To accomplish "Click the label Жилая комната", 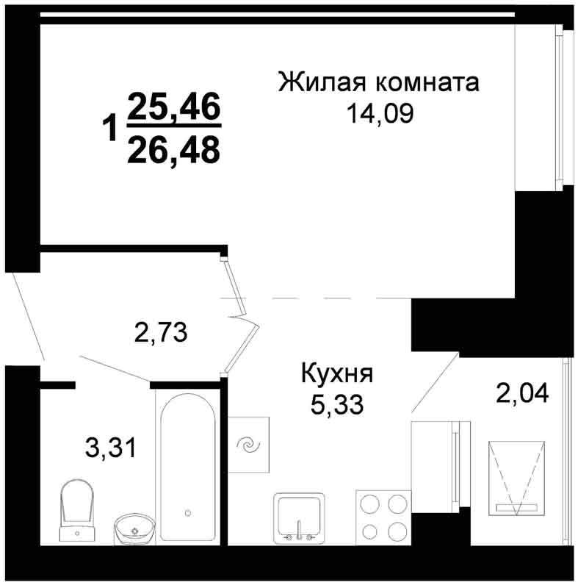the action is point(378,82).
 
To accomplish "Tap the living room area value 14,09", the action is point(380,114).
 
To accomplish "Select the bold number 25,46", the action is point(174,107).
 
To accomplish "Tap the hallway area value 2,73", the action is point(161,333).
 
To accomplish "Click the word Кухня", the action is point(337,373).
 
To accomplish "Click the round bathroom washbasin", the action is point(134,528).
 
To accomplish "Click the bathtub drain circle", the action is point(188,512).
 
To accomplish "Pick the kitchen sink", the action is point(299,518).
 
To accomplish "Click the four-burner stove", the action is point(383,517).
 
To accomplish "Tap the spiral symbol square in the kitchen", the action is point(248,445).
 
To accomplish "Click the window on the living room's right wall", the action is point(559,107).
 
